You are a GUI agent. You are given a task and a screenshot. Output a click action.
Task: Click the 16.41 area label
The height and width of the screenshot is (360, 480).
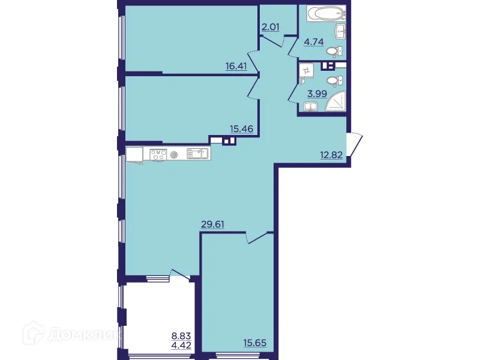pyautogui.click(x=236, y=66)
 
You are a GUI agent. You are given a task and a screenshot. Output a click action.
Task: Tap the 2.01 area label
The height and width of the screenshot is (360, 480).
pyautogui.click(x=271, y=26)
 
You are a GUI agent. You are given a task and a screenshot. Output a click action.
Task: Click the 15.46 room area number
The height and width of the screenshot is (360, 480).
pyautogui.click(x=241, y=128)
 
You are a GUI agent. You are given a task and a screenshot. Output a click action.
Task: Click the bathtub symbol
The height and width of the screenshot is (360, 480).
pyautogui.click(x=323, y=14)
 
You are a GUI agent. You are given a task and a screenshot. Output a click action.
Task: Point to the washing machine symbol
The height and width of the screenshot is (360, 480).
pyautogui.click(x=307, y=71)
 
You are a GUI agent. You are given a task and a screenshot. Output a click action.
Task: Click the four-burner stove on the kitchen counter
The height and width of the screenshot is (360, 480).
pyautogui.click(x=158, y=154)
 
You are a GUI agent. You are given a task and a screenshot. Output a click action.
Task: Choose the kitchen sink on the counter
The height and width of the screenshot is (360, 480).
pyautogui.click(x=197, y=154)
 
